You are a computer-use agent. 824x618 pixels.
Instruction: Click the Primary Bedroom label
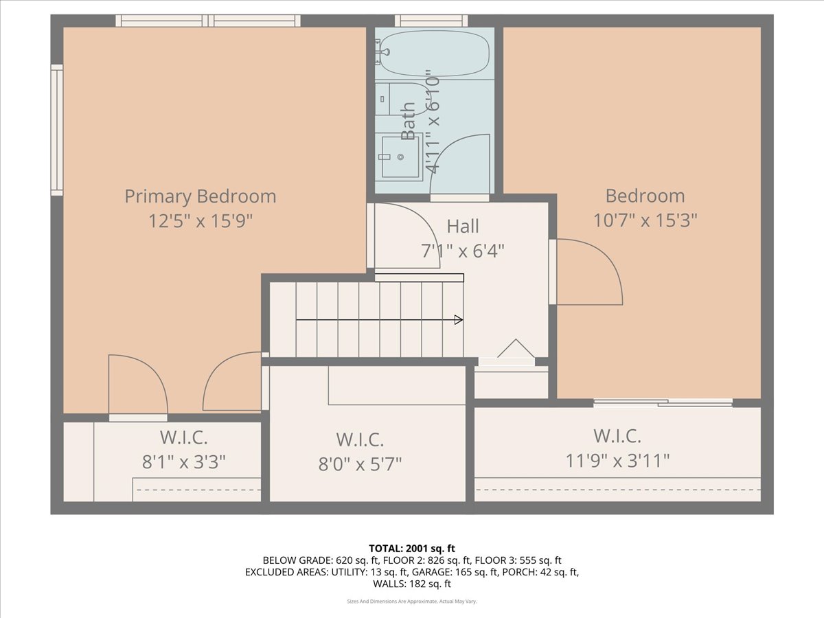pyautogui.click(x=200, y=196)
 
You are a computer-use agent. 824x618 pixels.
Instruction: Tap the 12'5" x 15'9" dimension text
pyautogui.click(x=200, y=221)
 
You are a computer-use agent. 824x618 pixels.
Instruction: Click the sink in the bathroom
pyautogui.click(x=400, y=157)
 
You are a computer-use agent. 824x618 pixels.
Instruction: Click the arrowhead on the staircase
pyautogui.click(x=458, y=319)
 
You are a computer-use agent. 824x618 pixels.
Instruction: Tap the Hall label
pyautogui.click(x=463, y=226)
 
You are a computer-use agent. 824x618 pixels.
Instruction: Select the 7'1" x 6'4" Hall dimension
pyautogui.click(x=463, y=251)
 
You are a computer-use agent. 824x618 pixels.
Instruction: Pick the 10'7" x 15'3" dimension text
pyautogui.click(x=645, y=220)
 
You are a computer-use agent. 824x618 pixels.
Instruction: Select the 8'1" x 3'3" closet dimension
pyautogui.click(x=183, y=461)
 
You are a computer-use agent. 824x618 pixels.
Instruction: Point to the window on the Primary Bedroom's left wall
pyautogui.click(x=57, y=130)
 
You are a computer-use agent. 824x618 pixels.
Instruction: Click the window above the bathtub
pyautogui.click(x=431, y=21)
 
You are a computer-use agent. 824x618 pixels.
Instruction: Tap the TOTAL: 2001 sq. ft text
pyautogui.click(x=411, y=548)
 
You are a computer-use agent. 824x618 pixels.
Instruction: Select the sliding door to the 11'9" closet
pyautogui.click(x=663, y=403)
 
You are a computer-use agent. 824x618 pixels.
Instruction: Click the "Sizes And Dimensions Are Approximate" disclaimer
pyautogui.click(x=411, y=602)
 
